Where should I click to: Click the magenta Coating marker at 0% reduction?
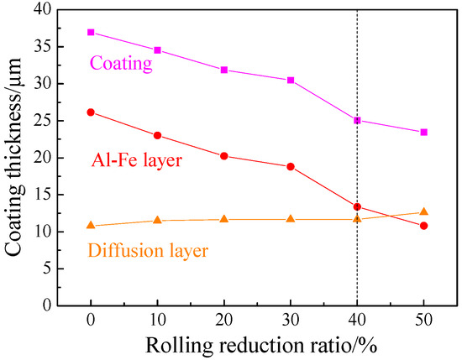coord(91,32)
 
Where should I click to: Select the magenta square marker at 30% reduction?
coord(291,80)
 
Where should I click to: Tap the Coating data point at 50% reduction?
coord(424,132)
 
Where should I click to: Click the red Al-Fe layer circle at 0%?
coord(91,112)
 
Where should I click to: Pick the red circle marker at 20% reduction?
coord(224,156)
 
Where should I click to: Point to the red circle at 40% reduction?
coord(358,206)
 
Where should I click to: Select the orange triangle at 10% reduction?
coord(157,220)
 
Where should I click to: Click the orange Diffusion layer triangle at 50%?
coord(424,211)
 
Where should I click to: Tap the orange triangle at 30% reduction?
coord(291,219)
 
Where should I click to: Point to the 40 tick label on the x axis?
coord(358,320)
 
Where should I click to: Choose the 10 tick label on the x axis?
coord(157,320)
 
